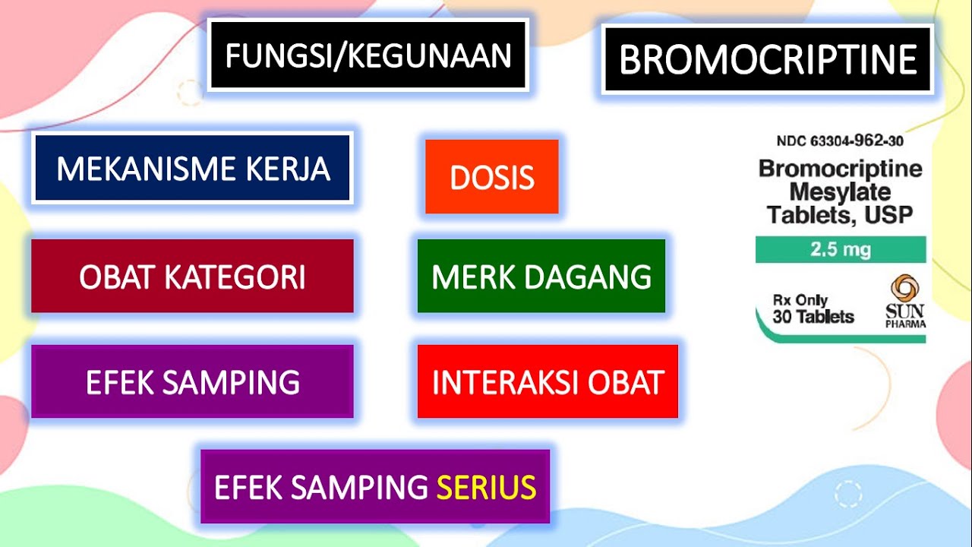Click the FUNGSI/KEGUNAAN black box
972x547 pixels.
(x=368, y=55)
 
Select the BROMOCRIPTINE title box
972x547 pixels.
(x=768, y=59)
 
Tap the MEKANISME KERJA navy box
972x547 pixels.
(x=192, y=168)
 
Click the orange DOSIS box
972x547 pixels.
(x=492, y=177)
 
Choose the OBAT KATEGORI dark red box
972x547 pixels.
(x=192, y=277)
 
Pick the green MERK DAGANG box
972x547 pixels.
(x=541, y=277)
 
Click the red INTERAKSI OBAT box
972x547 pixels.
(x=548, y=382)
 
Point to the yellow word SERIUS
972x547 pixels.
(x=486, y=487)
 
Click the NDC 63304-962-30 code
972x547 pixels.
(x=840, y=141)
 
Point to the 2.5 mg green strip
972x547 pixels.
(x=841, y=249)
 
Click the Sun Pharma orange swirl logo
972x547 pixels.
(x=904, y=289)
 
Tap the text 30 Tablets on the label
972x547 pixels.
(x=813, y=317)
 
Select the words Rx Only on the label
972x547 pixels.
(x=800, y=300)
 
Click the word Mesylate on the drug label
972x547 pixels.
(x=840, y=191)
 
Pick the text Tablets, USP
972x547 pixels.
(x=840, y=215)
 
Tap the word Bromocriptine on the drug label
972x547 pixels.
(x=840, y=168)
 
